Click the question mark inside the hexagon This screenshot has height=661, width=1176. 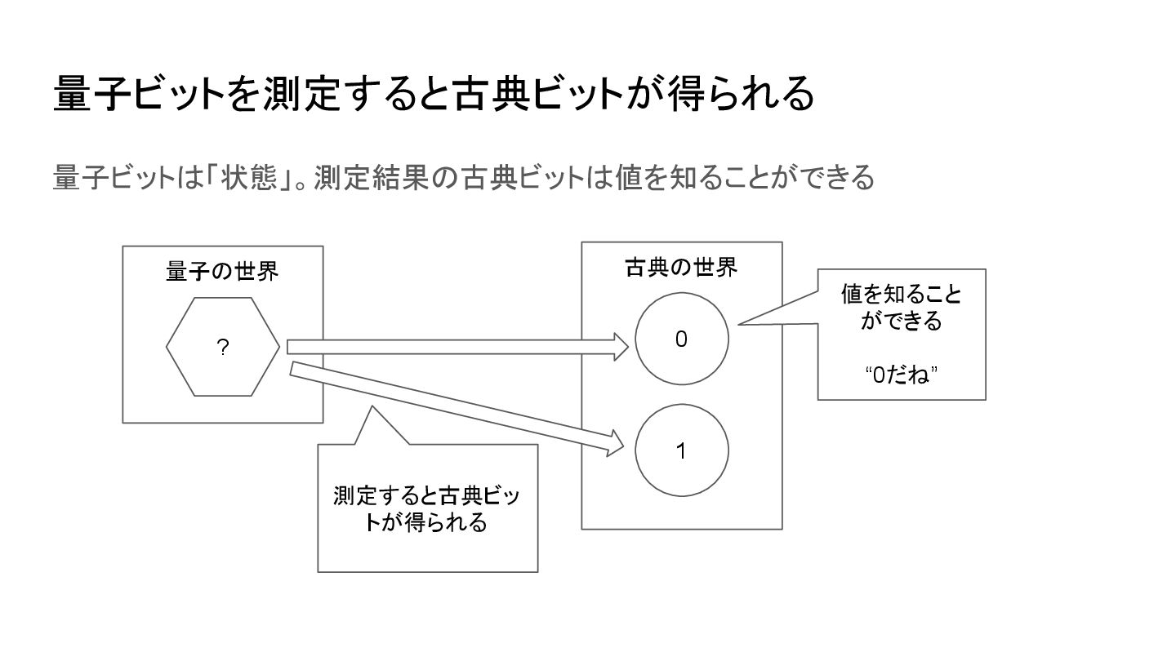click(x=222, y=348)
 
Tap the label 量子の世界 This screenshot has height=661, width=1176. click(x=222, y=271)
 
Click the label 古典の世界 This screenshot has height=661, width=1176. click(x=681, y=267)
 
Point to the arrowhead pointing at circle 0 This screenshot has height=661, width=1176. click(x=620, y=347)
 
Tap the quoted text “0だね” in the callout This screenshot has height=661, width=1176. click(x=901, y=375)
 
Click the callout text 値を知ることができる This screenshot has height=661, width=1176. click(x=902, y=308)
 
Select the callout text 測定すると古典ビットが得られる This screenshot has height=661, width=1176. click(x=426, y=508)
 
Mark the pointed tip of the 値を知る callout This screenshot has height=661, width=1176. click(x=740, y=325)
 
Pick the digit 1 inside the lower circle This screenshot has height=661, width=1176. click(x=681, y=451)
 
